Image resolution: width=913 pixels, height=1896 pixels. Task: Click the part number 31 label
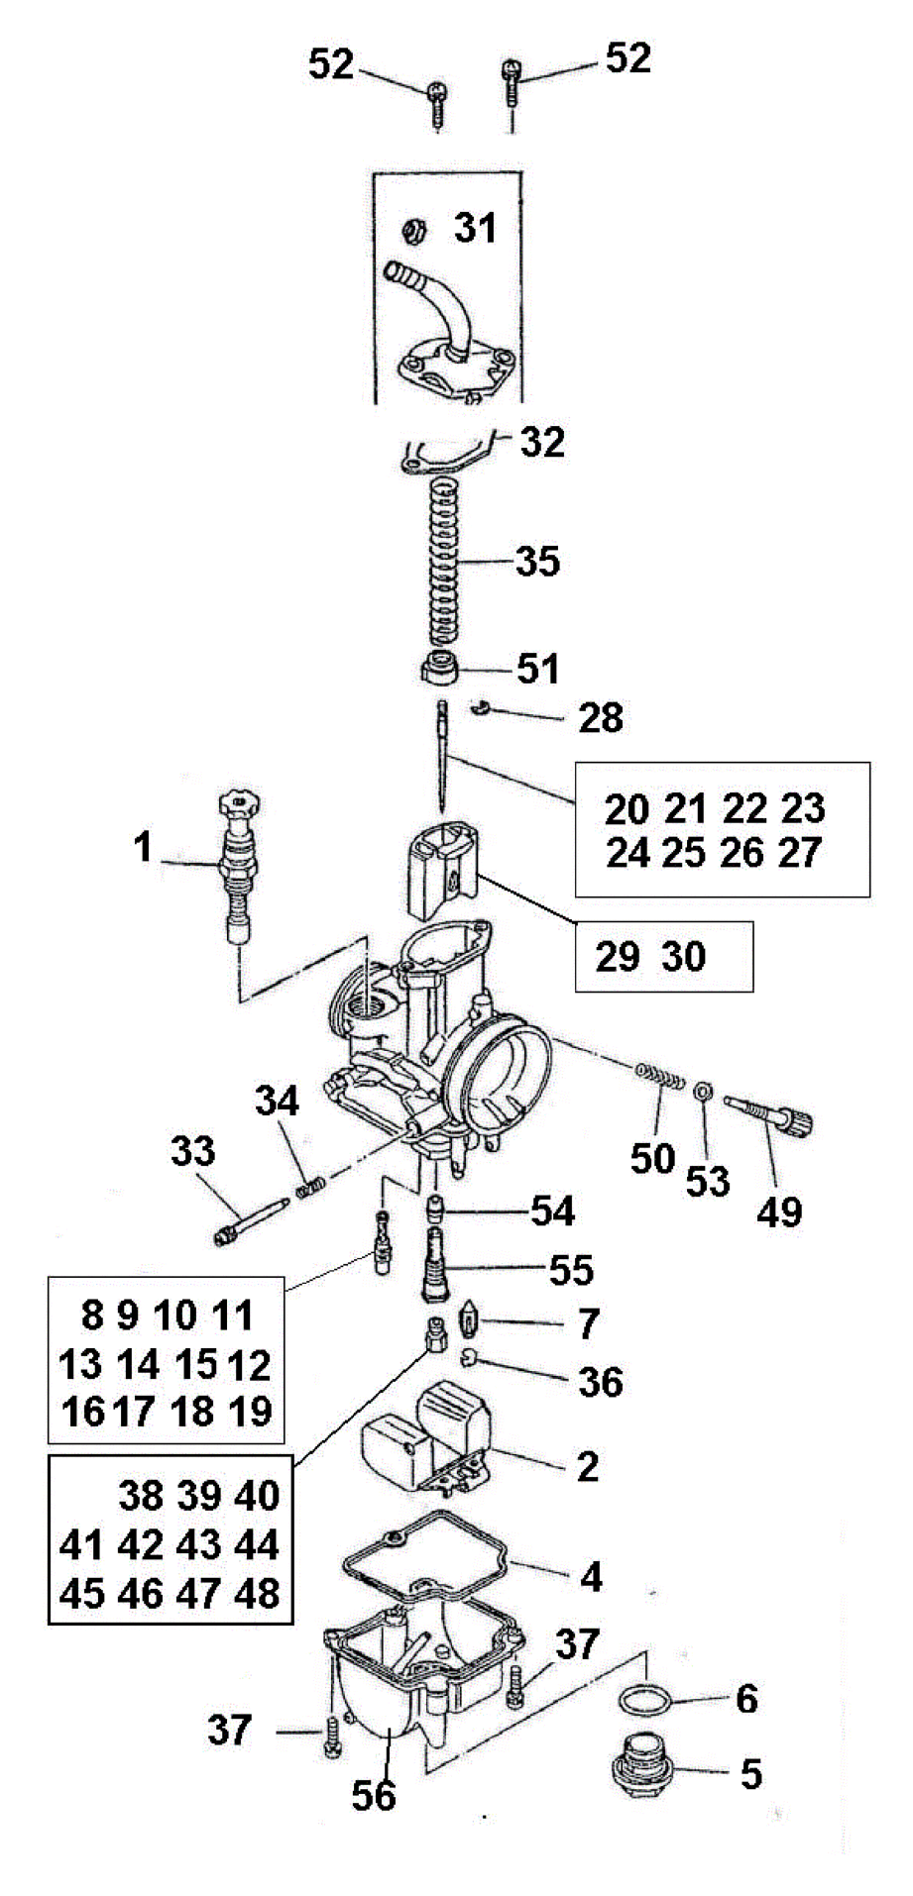[x=475, y=228]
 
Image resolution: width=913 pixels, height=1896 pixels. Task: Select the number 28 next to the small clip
[x=601, y=717]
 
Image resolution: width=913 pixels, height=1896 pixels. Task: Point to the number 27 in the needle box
[x=800, y=852]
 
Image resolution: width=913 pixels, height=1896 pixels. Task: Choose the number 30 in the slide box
[x=683, y=957]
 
